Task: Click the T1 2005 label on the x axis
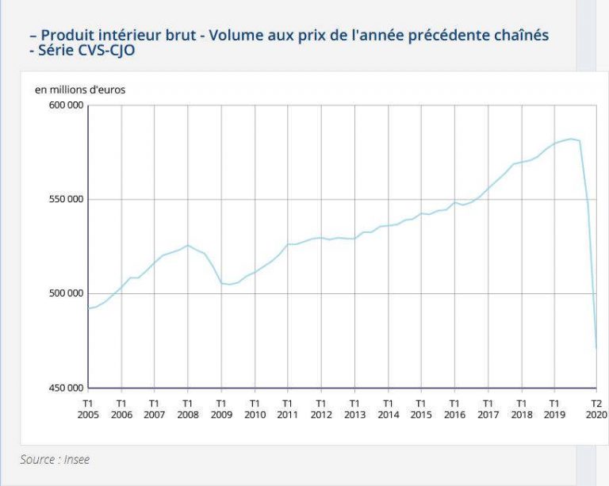[x=88, y=408]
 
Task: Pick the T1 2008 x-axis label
[x=188, y=408]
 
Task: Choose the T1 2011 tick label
[x=288, y=408]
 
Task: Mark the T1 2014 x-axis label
[x=388, y=408]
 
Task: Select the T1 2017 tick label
[x=488, y=408]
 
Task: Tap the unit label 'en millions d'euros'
[x=80, y=90]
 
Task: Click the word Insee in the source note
[x=74, y=459]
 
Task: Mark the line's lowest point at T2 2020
[x=596, y=348]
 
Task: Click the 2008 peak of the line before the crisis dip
[x=188, y=245]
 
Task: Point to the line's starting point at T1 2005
[x=88, y=308]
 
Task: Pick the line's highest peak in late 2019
[x=571, y=139]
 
